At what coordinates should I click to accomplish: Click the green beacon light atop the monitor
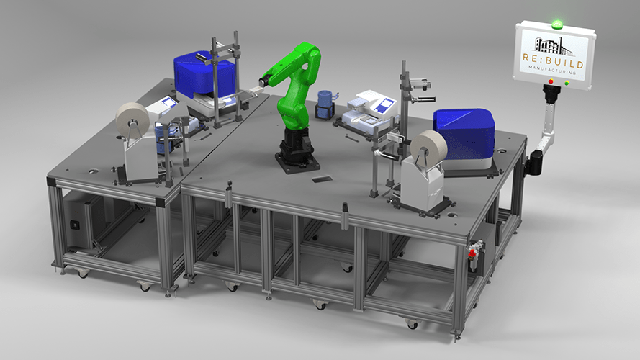point(556,24)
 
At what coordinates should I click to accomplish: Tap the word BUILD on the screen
point(564,63)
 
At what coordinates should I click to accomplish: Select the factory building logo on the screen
point(554,46)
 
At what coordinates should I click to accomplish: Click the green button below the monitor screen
point(567,84)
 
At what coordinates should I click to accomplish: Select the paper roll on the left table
point(132,120)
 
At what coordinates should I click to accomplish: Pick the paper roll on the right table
point(428,146)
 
